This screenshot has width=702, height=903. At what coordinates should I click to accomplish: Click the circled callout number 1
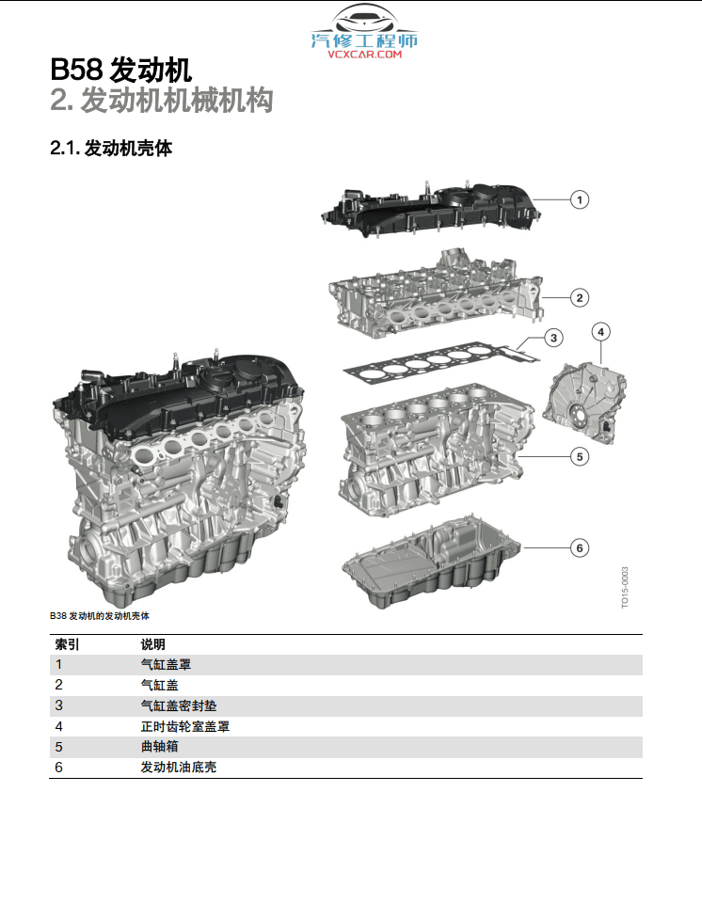pos(581,198)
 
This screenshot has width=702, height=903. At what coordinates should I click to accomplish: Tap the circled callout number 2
pos(581,298)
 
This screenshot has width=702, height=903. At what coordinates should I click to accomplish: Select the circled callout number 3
pos(554,338)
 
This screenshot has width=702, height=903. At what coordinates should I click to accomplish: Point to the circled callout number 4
pos(601,331)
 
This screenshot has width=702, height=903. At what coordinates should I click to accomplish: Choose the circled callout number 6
pos(581,547)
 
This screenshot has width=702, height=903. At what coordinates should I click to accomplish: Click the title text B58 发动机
pos(121,71)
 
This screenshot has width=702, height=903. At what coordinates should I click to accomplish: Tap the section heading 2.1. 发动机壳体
pos(110,149)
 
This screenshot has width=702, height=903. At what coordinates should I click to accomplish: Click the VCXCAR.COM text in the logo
pos(364,55)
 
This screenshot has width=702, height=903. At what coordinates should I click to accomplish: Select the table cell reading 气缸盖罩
pos(166,665)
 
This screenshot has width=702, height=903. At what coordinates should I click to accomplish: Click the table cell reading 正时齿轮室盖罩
pos(184,726)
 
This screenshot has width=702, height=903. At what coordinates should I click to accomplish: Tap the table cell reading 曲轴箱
pos(159,747)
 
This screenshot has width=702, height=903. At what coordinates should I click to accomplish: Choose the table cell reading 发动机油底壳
pos(178,768)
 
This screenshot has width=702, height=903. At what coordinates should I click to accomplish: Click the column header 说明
pos(152,644)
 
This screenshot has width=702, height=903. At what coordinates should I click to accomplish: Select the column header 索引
pos(67,644)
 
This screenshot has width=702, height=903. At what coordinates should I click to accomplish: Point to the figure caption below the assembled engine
pos(99,616)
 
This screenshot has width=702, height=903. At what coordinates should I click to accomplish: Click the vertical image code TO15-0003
pos(625,586)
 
